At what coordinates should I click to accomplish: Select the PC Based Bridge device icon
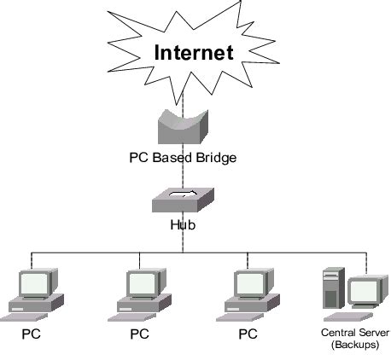coord(183,130)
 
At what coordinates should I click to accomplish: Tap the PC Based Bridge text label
coord(183,159)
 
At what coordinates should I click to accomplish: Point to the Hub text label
coord(183,226)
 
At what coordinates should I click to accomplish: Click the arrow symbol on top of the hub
coord(183,195)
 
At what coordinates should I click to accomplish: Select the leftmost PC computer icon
coord(34,294)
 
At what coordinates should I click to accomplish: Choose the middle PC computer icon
coord(142,294)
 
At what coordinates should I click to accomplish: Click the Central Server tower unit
coord(332,288)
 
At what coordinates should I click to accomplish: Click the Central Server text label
coord(354,332)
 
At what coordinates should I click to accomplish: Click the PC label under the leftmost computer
coord(32,334)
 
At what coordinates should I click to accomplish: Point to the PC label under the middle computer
coord(139,334)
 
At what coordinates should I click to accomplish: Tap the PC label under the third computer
coord(248,334)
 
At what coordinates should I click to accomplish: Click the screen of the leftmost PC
coord(34,283)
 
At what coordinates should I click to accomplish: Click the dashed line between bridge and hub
coord(183,175)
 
